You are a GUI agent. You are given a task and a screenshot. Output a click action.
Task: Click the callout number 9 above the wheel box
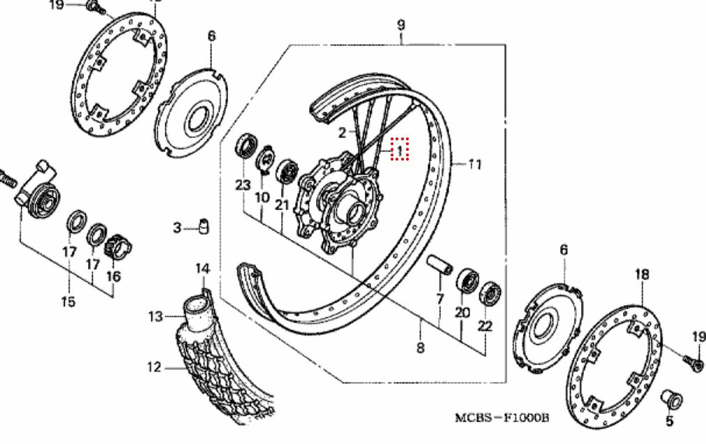(x=400, y=25)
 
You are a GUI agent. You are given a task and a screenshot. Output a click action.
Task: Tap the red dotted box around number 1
(x=400, y=149)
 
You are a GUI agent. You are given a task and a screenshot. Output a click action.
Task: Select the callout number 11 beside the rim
(x=474, y=164)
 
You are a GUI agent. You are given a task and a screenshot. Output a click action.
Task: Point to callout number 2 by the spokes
(x=343, y=133)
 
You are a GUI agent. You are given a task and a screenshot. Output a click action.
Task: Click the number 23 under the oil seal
(x=243, y=184)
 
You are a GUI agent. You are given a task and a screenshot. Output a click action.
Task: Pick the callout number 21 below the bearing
(x=282, y=205)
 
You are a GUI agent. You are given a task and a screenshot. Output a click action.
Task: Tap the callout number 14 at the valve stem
(x=202, y=269)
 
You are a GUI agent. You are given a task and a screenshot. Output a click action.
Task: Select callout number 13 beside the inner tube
(x=156, y=317)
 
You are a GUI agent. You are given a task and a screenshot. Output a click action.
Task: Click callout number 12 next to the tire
(x=154, y=367)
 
